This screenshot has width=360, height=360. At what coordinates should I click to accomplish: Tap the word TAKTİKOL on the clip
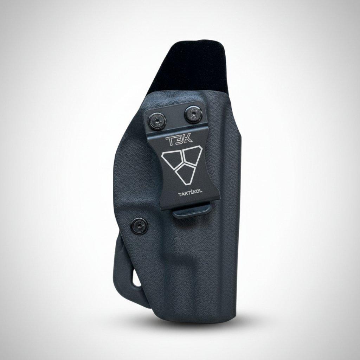(190, 194)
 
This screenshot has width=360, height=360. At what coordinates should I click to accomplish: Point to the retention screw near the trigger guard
(139, 226)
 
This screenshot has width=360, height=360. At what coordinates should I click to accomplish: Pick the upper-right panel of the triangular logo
(192, 156)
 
